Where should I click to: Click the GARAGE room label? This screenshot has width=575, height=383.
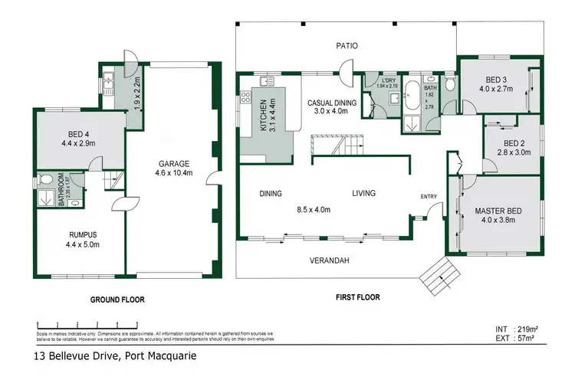[x=174, y=163]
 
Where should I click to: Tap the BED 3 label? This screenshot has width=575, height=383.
[x=496, y=80]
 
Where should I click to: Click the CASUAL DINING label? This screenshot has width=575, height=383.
[x=332, y=102]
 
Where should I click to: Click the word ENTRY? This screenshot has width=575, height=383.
[x=429, y=197]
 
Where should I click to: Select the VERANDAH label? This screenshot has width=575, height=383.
[x=330, y=260]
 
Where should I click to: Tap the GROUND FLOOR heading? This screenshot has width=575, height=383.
[x=118, y=300]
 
